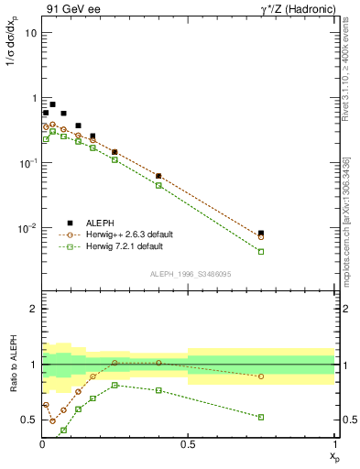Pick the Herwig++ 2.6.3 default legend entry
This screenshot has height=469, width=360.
click(x=128, y=234)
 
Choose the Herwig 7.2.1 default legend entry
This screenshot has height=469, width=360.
click(x=125, y=246)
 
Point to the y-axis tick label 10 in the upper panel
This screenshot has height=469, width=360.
click(x=31, y=33)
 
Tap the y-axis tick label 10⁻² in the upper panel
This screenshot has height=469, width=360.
click(x=27, y=228)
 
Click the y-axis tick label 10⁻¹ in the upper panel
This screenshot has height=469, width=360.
click(x=27, y=163)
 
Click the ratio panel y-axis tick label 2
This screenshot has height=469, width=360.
click(x=34, y=310)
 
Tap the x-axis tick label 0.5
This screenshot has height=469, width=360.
click(x=188, y=444)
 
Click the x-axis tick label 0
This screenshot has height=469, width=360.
click(x=42, y=444)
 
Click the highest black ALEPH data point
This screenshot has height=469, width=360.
click(x=52, y=104)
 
